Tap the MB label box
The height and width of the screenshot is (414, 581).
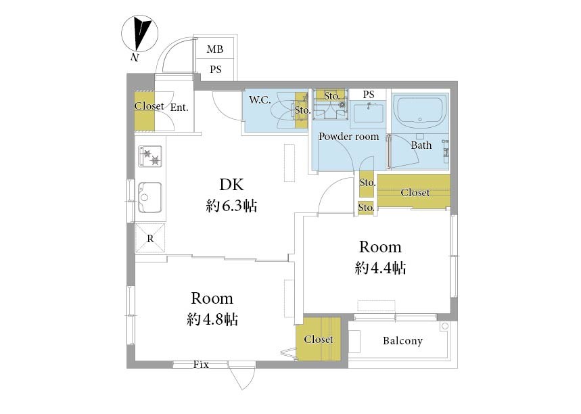point(215,48)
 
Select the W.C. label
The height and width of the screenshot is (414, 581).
point(260,99)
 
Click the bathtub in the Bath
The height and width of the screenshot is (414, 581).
point(420,112)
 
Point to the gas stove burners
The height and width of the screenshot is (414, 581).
point(150,156)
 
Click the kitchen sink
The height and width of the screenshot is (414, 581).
point(149,198)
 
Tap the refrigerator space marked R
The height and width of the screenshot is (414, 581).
point(150,238)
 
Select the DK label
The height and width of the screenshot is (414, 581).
point(231,185)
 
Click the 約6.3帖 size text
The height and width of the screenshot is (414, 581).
point(231,206)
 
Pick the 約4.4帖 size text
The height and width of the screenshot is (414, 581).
point(380,268)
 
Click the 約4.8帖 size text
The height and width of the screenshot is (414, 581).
point(212,319)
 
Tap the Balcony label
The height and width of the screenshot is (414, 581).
point(402,341)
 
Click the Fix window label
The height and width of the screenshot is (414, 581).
point(201,365)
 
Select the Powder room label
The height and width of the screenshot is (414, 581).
point(349,137)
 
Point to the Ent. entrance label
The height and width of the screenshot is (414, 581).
point(179,108)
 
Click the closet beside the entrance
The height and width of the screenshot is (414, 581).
point(145,110)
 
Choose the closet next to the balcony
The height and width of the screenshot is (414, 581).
point(319,339)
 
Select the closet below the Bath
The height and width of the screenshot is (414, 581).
point(414,191)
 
